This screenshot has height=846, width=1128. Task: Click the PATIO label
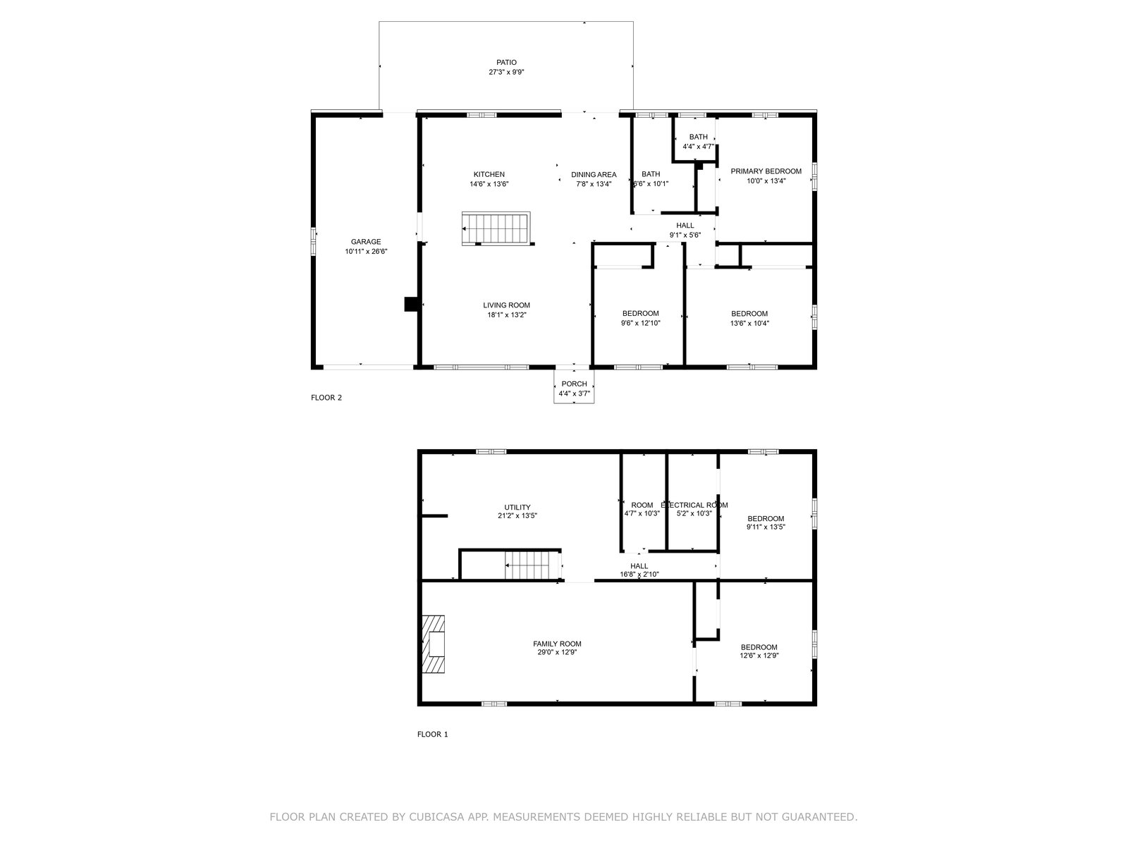point(506,63)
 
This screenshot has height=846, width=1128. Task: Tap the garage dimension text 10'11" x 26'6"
point(366,252)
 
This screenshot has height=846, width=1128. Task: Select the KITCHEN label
point(489,175)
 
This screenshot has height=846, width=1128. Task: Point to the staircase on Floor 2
point(496,228)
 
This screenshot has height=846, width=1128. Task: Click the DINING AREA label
point(594,175)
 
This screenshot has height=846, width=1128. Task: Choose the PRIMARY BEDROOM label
point(766,171)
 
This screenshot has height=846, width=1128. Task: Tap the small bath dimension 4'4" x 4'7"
point(698,147)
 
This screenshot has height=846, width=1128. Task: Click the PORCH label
point(574,384)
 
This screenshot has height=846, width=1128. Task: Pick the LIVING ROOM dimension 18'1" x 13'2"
point(507,315)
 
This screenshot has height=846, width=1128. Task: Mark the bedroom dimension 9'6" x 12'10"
point(640,323)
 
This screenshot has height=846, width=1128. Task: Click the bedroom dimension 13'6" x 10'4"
point(749,324)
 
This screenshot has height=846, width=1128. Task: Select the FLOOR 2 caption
point(326,398)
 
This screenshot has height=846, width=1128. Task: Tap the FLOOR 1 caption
point(433,735)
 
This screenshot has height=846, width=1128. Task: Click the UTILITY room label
point(517,508)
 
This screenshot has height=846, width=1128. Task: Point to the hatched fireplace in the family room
point(433,644)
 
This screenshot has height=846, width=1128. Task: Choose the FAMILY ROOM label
point(557,644)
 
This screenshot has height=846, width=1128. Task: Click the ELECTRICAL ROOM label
point(694,505)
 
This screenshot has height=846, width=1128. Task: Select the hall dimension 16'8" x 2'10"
point(639,575)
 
